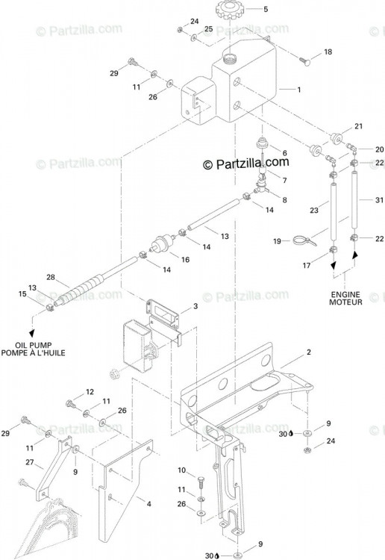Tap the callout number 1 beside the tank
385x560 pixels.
click(x=299, y=90)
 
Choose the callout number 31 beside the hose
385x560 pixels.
click(x=379, y=200)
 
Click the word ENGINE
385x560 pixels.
click(x=345, y=295)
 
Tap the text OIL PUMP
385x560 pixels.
click(x=33, y=346)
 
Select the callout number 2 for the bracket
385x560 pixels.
click(x=309, y=352)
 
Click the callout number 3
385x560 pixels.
click(x=195, y=306)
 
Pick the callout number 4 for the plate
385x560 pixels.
click(x=148, y=504)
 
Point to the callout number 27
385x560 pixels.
click(x=30, y=462)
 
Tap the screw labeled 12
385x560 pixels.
click(x=71, y=404)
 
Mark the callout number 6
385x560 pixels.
click(x=284, y=153)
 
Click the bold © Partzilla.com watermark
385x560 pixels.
click(x=245, y=164)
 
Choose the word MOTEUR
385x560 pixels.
click(x=345, y=302)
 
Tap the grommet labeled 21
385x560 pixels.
click(x=337, y=138)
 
